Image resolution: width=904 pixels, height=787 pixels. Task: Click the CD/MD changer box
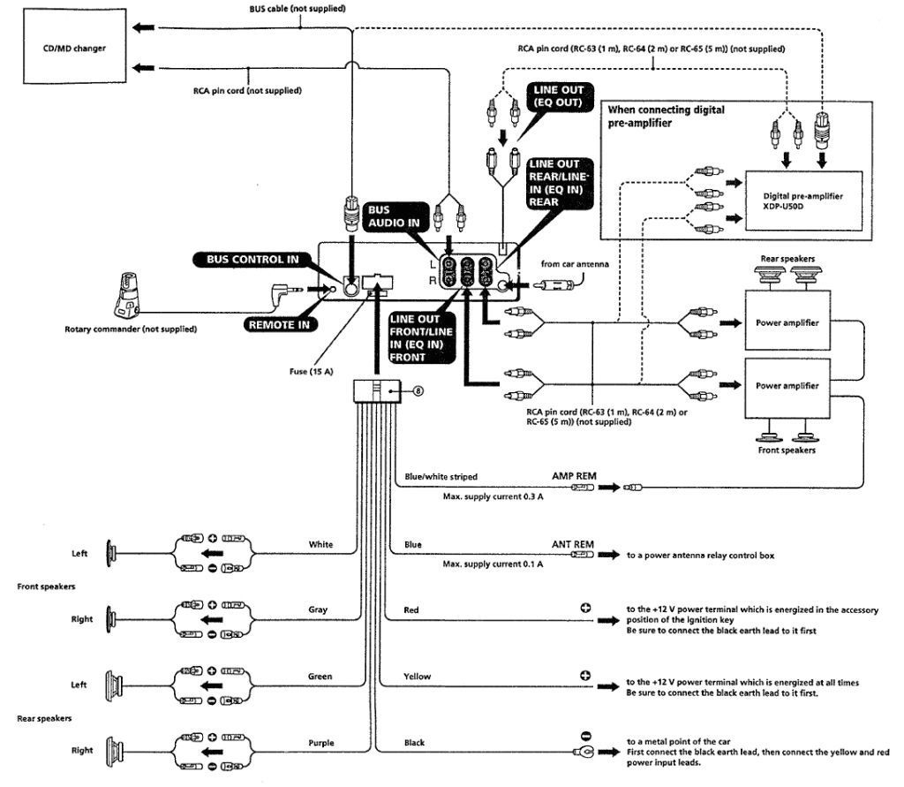pyautogui.click(x=74, y=48)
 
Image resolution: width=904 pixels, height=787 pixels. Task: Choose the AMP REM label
pyautogui.click(x=574, y=475)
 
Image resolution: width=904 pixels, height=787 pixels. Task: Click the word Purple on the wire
pyautogui.click(x=321, y=743)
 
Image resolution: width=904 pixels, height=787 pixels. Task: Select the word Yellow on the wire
pyautogui.click(x=418, y=677)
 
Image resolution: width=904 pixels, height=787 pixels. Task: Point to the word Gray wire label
pyautogui.click(x=320, y=610)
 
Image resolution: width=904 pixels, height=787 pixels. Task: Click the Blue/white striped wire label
pyautogui.click(x=441, y=477)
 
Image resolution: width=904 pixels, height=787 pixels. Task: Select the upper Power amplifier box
pyautogui.click(x=787, y=323)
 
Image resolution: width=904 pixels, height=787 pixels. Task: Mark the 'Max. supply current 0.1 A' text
pyautogui.click(x=493, y=564)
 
